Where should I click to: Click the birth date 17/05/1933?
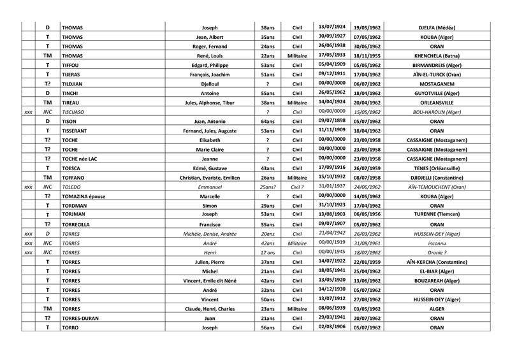[x=331, y=55]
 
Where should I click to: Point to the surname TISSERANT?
[x=77, y=131]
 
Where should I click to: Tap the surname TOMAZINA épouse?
[x=84, y=196]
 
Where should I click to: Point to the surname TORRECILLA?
[x=79, y=224]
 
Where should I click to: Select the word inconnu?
[x=437, y=243]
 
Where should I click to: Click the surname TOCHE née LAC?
[x=81, y=159]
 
